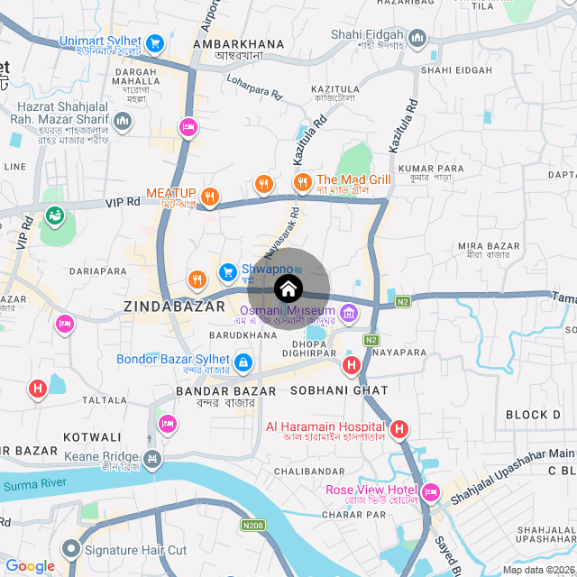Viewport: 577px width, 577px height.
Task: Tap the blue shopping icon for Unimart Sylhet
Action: click(x=155, y=42)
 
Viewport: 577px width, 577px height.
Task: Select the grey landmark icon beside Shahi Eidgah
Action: click(x=417, y=38)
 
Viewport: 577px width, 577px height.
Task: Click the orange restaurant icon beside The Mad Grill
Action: click(x=302, y=183)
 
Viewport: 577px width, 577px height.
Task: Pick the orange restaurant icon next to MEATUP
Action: click(x=210, y=196)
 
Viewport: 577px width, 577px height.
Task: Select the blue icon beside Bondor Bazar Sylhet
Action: click(x=243, y=362)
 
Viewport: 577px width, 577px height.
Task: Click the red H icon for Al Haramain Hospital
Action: click(x=400, y=430)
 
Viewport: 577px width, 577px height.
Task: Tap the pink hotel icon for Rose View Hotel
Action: click(x=430, y=492)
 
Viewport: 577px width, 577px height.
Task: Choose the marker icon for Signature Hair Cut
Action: click(x=70, y=549)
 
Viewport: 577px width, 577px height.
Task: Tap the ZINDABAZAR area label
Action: click(x=174, y=307)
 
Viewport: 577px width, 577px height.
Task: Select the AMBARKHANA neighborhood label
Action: click(x=239, y=43)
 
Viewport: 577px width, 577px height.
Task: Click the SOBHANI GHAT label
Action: click(x=339, y=390)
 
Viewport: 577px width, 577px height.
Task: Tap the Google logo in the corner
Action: click(x=30, y=566)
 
